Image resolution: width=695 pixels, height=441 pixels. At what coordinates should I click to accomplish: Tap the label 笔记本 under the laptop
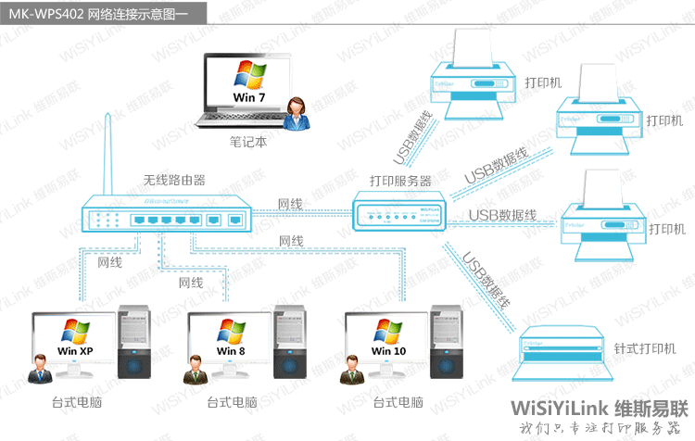[x=248, y=143]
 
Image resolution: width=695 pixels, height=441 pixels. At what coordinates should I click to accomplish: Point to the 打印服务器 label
[x=400, y=181]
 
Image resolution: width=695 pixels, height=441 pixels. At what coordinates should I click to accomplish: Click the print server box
[x=398, y=212]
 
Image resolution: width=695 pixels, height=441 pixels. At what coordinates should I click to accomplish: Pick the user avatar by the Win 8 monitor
[x=196, y=368]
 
